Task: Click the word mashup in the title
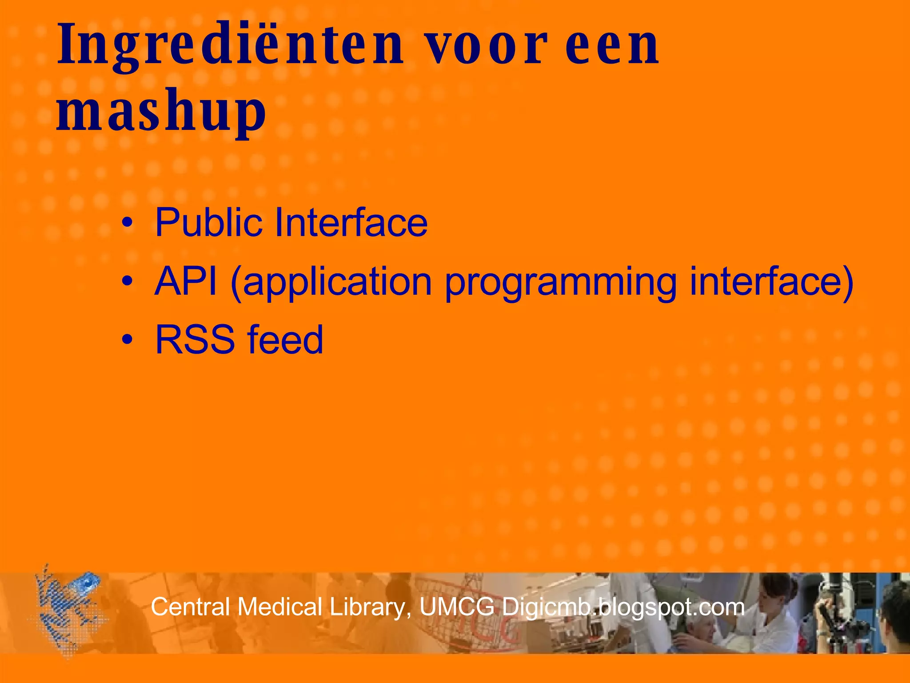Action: click(x=161, y=111)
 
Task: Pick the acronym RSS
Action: click(x=195, y=340)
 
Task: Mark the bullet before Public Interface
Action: click(x=128, y=223)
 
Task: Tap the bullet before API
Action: click(x=128, y=282)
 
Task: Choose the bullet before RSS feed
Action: click(x=128, y=340)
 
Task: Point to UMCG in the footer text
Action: click(x=457, y=607)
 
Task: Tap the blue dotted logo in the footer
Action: click(x=67, y=611)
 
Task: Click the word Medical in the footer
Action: click(x=280, y=607)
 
